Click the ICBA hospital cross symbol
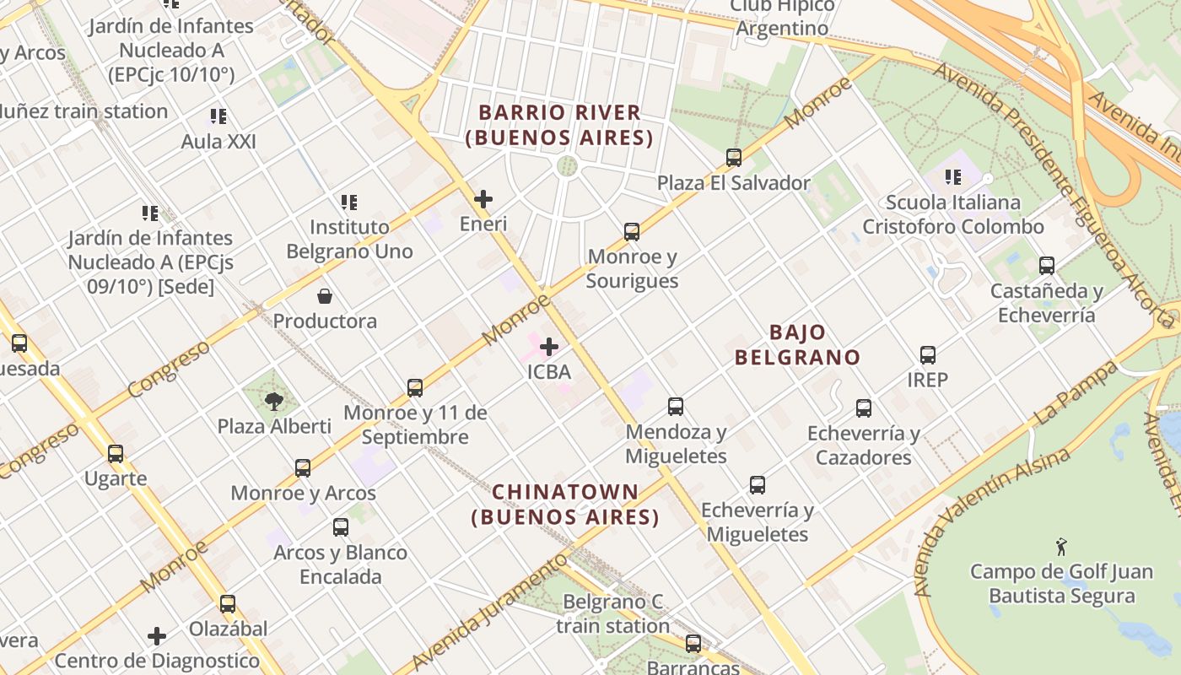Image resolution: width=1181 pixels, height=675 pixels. point(549,347)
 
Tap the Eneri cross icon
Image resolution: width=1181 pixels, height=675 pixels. point(483,200)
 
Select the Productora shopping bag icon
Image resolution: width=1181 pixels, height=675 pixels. point(325,296)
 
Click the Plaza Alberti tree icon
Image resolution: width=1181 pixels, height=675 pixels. point(274,401)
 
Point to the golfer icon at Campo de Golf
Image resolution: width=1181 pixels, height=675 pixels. point(1061,547)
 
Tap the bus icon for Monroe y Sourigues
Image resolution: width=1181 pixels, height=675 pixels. point(632,232)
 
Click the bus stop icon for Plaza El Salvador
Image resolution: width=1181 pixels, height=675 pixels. point(734,158)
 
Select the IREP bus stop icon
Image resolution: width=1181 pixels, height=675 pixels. point(928,355)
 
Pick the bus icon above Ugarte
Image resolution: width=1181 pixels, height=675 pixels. point(116,454)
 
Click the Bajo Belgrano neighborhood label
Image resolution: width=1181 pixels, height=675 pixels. point(797,344)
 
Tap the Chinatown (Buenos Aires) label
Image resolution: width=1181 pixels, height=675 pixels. point(565,504)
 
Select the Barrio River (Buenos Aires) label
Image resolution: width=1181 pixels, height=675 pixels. point(559,124)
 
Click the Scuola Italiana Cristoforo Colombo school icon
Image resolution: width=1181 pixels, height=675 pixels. point(953,177)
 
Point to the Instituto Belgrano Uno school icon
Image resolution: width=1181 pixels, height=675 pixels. point(349,202)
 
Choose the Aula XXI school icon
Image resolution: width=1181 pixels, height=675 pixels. point(218,116)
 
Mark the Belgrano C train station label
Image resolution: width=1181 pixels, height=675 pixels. point(613,613)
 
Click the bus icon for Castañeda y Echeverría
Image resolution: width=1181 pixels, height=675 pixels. point(1047,266)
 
